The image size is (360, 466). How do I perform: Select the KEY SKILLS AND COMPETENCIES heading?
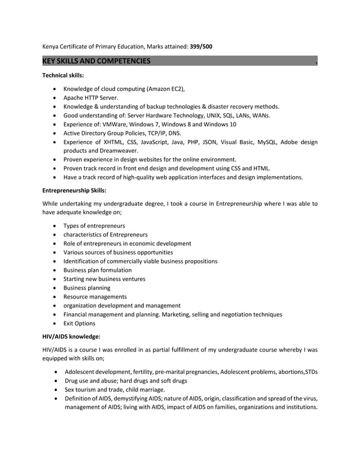point(96,61)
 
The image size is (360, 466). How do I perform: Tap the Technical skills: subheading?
point(63,75)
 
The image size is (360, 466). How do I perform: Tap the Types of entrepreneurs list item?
point(94,226)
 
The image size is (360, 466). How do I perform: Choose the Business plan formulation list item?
point(98,270)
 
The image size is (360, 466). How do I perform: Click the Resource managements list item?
point(95,297)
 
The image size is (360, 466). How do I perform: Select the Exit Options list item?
point(79,323)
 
